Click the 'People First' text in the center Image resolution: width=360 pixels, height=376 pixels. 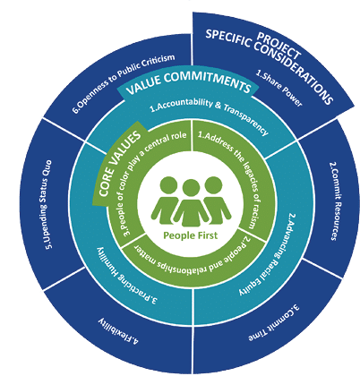click(x=191, y=235)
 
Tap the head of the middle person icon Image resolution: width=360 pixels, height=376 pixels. click(x=191, y=188)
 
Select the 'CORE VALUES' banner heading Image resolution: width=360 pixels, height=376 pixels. click(x=119, y=164)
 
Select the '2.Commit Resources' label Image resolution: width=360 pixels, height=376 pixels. click(x=335, y=201)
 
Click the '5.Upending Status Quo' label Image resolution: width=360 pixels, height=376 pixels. click(x=47, y=205)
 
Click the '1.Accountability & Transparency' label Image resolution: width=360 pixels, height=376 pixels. click(x=210, y=115)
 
